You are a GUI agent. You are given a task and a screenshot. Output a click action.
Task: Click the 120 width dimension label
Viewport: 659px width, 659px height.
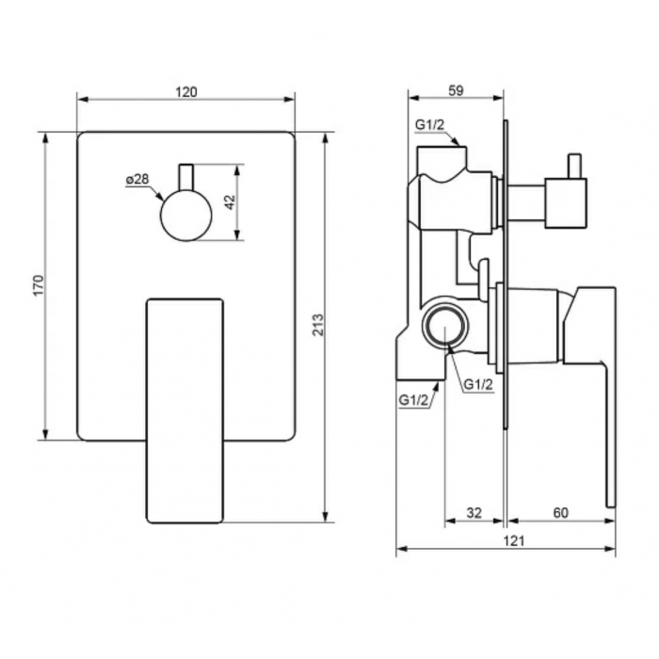click(x=186, y=92)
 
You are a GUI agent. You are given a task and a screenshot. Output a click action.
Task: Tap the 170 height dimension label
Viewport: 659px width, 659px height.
click(x=39, y=285)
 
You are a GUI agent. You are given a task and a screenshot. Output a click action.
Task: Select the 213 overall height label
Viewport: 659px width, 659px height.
click(x=318, y=325)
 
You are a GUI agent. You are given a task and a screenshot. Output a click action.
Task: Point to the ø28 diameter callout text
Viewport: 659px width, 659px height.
click(x=137, y=179)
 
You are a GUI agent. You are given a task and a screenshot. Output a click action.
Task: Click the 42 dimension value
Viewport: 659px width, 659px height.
click(x=231, y=202)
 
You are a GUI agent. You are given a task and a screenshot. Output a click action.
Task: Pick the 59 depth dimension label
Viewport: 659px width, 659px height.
click(x=456, y=90)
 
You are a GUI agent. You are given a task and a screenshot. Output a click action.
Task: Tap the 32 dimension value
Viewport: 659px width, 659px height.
click(x=474, y=513)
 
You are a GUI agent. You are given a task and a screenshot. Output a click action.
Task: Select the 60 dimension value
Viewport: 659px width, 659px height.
click(x=561, y=513)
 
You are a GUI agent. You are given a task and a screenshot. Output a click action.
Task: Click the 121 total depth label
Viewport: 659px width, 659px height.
click(x=514, y=540)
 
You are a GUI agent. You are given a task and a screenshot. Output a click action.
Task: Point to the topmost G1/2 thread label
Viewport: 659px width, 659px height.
click(x=429, y=125)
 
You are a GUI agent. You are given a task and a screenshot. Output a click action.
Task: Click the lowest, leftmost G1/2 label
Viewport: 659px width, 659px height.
click(x=412, y=400)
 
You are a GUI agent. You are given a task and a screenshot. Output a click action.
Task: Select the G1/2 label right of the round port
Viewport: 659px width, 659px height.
click(x=478, y=384)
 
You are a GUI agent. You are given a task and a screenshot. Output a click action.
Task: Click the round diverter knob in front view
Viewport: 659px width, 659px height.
click(x=186, y=216)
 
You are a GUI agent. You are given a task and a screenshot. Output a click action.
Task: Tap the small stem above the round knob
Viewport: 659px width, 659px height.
click(x=186, y=177)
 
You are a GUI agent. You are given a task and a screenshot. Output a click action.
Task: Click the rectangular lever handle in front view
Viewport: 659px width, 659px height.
click(x=185, y=410)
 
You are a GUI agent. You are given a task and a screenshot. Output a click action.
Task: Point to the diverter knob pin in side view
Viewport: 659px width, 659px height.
click(x=574, y=166)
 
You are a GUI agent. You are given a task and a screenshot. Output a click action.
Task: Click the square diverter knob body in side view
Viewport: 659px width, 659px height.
click(x=566, y=203)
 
